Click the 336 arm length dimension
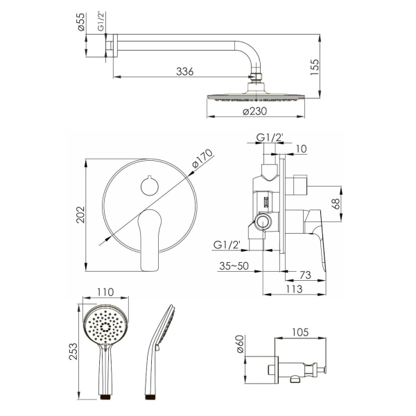pos(185,71)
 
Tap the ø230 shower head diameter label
pos(254,111)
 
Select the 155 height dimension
pos(315,67)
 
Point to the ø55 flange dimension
pos(81,21)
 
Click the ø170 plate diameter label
pos(202,159)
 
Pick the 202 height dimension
pos(80,215)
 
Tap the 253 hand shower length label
pos(73,352)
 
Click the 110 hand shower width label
pos(105,292)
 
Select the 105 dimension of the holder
pos(300,332)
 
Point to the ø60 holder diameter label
pos(240,344)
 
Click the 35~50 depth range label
pos(234,266)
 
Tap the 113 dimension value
pos(294,288)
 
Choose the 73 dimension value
pos(305,275)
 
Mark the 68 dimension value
pos(336,204)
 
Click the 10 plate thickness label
pos(301,149)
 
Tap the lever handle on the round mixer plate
pos(150,240)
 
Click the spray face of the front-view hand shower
pos(106,325)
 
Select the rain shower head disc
pos(256,96)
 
